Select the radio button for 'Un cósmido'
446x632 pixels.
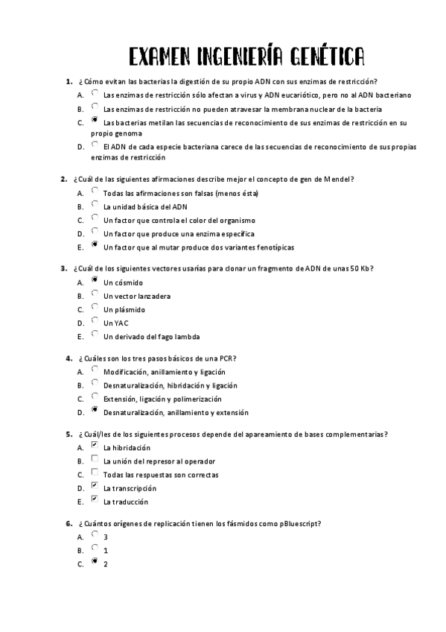click(x=94, y=281)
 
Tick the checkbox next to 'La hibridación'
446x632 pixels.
click(x=94, y=446)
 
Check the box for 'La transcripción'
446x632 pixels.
click(x=94, y=486)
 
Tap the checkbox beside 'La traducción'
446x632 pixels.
click(x=94, y=499)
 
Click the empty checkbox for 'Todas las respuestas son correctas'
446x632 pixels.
click(x=94, y=473)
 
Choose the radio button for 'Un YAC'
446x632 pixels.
click(x=94, y=321)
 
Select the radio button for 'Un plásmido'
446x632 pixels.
click(x=94, y=308)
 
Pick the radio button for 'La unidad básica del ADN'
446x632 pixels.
click(x=94, y=205)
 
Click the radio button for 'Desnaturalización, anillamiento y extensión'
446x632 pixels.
click(x=94, y=410)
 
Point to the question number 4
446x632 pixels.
click(x=69, y=358)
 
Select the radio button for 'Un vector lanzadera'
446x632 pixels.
click(x=94, y=294)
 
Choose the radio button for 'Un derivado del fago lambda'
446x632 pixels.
click(x=94, y=335)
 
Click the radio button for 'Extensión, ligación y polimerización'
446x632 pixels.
click(x=94, y=396)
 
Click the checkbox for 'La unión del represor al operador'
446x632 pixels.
click(x=94, y=459)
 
